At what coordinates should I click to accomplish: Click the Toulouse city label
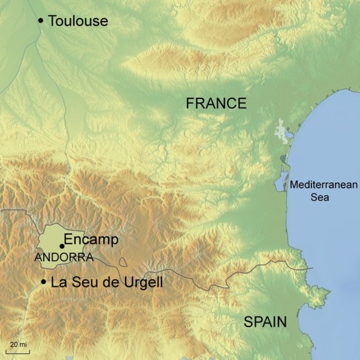(78, 21)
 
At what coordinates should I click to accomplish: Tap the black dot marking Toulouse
(41, 21)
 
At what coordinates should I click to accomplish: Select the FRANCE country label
(216, 104)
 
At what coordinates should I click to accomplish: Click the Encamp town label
(91, 240)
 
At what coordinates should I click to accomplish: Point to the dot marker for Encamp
(62, 246)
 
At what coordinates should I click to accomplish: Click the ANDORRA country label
(64, 258)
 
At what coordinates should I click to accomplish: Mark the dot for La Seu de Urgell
(43, 282)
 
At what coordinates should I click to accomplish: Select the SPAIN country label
(265, 322)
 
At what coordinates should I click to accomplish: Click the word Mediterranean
(324, 186)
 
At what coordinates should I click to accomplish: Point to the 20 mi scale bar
(17, 351)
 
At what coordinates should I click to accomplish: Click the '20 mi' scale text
(18, 345)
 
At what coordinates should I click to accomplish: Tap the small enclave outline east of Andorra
(123, 262)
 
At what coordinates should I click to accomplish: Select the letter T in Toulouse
(53, 21)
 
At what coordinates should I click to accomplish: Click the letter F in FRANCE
(190, 104)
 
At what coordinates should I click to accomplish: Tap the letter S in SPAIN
(248, 322)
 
